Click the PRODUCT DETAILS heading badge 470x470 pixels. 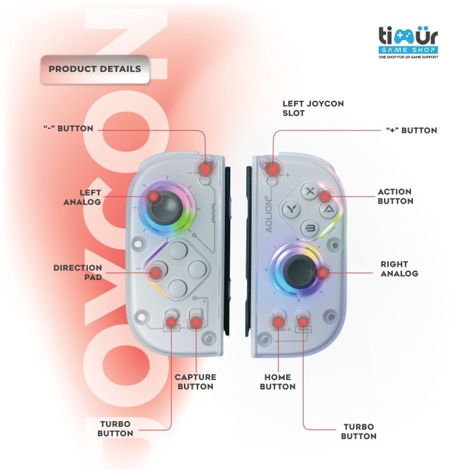[95, 69]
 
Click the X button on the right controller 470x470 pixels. [310, 191]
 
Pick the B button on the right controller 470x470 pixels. [310, 228]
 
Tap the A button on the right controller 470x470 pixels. [328, 209]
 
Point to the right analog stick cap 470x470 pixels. [299, 270]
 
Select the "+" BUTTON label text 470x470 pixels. [412, 130]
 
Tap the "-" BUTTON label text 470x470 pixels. [68, 128]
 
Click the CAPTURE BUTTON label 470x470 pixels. [194, 381]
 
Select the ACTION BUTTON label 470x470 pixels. [395, 196]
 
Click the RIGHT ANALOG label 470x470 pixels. [399, 269]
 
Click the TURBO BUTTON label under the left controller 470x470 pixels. [115, 428]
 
